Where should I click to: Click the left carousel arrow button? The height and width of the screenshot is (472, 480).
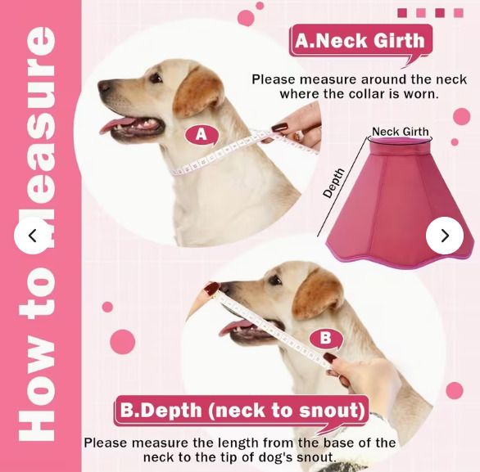pos(33,236)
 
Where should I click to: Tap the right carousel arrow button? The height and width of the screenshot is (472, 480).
pos(445,236)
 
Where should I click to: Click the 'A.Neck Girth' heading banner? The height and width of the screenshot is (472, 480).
pos(360,41)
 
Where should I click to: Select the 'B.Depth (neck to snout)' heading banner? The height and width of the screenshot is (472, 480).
pos(242,411)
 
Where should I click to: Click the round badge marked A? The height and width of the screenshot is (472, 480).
pos(202,134)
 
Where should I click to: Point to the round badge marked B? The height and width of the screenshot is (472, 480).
pos(326,339)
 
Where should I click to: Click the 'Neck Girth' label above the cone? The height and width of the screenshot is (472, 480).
pos(401,132)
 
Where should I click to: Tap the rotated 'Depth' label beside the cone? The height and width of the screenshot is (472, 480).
pos(334,182)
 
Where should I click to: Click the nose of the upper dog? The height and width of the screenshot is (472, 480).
pos(104,86)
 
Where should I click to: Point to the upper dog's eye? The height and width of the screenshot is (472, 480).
pos(156,78)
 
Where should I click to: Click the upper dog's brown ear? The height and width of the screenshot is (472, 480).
pos(198,92)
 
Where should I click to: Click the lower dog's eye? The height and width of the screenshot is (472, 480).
pos(275,280)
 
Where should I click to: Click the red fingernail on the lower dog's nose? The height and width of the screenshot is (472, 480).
pos(212,288)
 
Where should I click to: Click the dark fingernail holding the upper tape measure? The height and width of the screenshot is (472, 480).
pos(280,127)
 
